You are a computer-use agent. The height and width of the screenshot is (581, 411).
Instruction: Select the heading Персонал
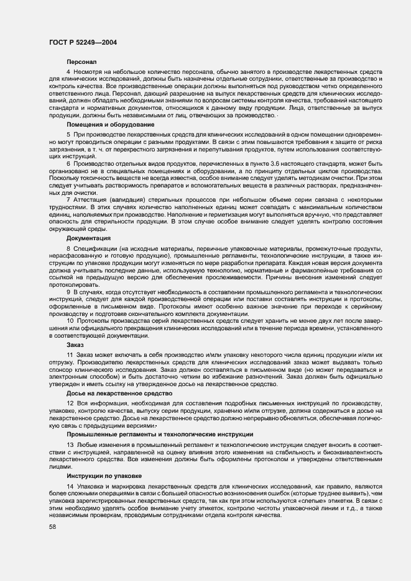pos(81,62)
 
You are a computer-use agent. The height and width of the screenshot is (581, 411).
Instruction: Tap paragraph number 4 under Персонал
pos(68,73)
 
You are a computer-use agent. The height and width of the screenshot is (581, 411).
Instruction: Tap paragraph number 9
pos(68,290)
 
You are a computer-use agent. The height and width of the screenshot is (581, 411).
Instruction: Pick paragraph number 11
pos(70,354)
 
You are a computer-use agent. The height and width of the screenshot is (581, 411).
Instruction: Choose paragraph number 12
pos(70,403)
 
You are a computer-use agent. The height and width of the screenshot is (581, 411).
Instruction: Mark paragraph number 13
pos(70,445)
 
